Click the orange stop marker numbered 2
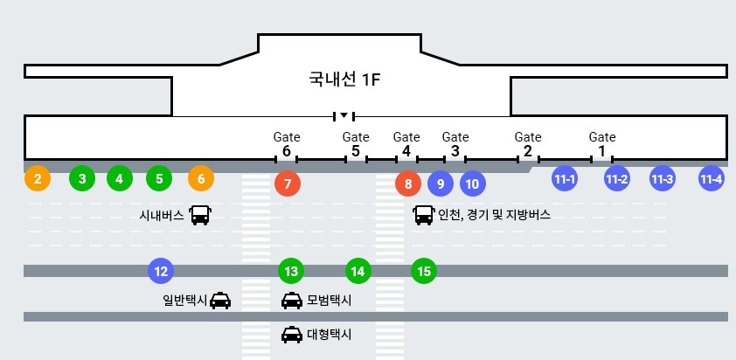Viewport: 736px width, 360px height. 37,178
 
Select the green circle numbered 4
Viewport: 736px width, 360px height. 120,178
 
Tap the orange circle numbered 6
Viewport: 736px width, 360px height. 201,178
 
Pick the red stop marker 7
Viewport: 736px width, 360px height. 287,184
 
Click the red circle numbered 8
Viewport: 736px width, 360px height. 407,184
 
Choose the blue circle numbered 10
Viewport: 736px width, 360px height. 472,183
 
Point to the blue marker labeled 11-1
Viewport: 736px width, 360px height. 565,178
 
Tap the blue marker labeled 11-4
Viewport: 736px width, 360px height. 712,178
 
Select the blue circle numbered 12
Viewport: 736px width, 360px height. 161,271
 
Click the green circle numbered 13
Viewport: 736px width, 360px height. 291,271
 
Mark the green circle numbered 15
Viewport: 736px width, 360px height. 424,271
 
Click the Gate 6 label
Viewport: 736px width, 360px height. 287,144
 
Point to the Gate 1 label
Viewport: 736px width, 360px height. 602,144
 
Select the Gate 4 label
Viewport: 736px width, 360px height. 407,144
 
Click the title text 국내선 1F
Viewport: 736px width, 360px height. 344,80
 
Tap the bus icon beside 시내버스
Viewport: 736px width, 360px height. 200,215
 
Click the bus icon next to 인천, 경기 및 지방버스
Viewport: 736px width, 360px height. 424,215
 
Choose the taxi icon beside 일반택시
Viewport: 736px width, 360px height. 220,301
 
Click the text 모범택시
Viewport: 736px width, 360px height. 330,301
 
